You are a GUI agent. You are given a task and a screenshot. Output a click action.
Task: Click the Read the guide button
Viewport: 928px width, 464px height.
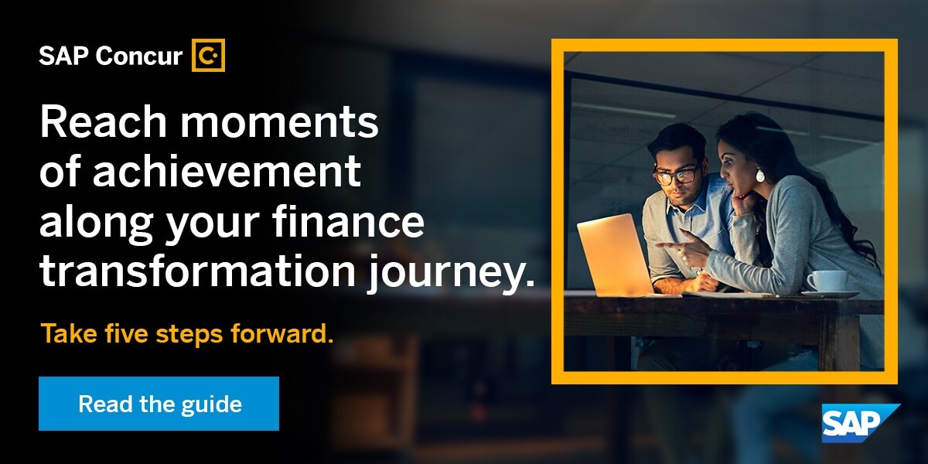coord(159,404)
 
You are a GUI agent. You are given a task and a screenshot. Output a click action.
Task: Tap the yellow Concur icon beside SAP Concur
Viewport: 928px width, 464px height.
coord(208,56)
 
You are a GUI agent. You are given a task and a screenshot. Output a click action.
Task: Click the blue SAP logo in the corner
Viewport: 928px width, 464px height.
coord(860,424)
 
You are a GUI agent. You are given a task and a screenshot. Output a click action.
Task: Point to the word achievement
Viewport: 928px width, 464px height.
coord(226,172)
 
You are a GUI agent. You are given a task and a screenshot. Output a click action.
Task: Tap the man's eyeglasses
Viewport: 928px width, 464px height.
coord(675,174)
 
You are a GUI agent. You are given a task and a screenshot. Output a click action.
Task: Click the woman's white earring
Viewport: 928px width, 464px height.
coord(759,175)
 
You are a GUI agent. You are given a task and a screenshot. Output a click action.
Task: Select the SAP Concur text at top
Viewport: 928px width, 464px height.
coord(111,56)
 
